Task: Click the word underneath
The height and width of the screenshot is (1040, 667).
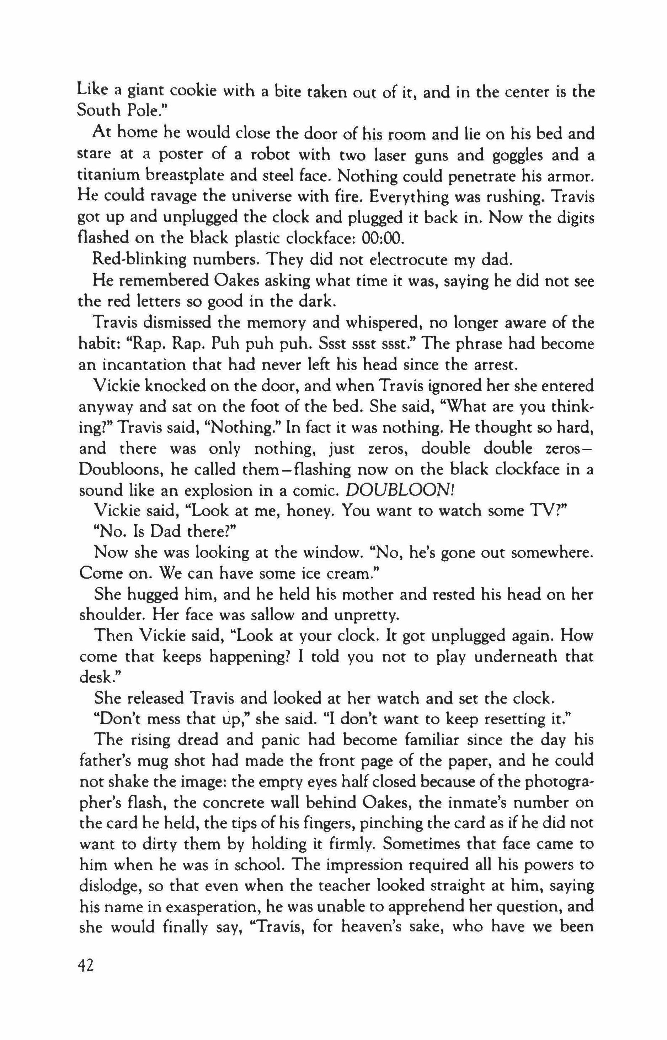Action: tap(508, 657)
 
